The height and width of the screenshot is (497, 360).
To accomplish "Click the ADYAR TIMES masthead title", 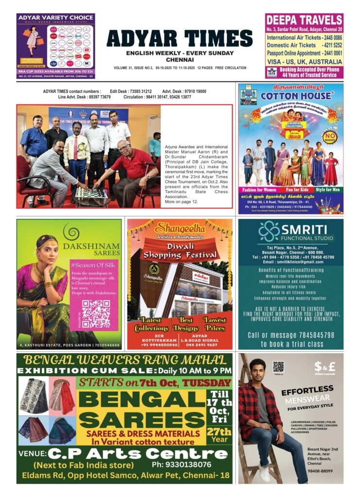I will [x=179, y=38].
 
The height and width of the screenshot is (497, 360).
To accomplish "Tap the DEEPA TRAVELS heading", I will [x=304, y=20].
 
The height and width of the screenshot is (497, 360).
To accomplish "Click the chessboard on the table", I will [x=90, y=192].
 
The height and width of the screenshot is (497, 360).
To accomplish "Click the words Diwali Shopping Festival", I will [x=180, y=250].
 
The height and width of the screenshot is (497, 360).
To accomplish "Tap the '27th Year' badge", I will [x=219, y=435].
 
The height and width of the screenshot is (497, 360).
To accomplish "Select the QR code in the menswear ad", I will [x=278, y=366].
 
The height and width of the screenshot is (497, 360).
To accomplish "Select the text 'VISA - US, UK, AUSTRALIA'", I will [x=304, y=62].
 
